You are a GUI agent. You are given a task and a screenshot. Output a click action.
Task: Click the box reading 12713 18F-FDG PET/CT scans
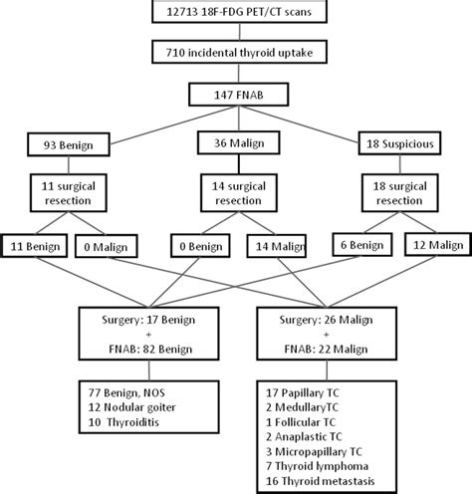pyautogui.click(x=235, y=13)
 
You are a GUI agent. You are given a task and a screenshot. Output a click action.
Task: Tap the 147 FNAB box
pyautogui.click(x=235, y=94)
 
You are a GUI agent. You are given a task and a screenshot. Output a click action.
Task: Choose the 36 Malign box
pyautogui.click(x=235, y=144)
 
